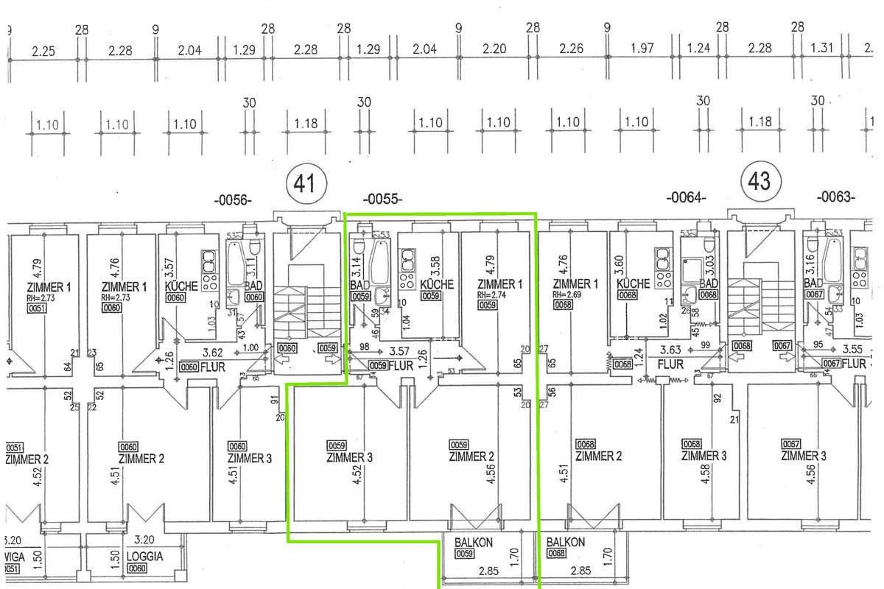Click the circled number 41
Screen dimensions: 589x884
click(304, 183)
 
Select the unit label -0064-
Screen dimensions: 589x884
click(686, 197)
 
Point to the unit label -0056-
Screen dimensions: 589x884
click(233, 199)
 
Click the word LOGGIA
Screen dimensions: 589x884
click(144, 557)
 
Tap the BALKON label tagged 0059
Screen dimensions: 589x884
click(474, 543)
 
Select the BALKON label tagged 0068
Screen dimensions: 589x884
click(566, 543)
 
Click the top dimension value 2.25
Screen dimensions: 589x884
click(44, 51)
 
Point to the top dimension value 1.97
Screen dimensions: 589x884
click(642, 49)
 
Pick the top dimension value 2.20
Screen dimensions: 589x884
click(494, 49)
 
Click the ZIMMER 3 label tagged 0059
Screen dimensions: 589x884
click(349, 457)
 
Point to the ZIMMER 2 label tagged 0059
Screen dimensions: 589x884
click(471, 457)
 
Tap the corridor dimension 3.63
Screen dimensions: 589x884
click(670, 350)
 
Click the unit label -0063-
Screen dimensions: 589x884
click(835, 197)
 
